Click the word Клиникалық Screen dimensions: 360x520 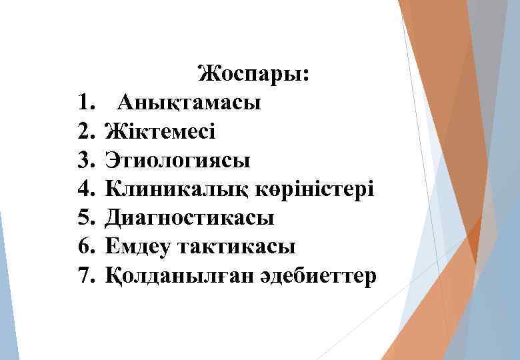click(x=177, y=190)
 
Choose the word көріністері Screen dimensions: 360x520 click(x=315, y=190)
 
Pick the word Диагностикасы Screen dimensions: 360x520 click(x=189, y=218)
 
